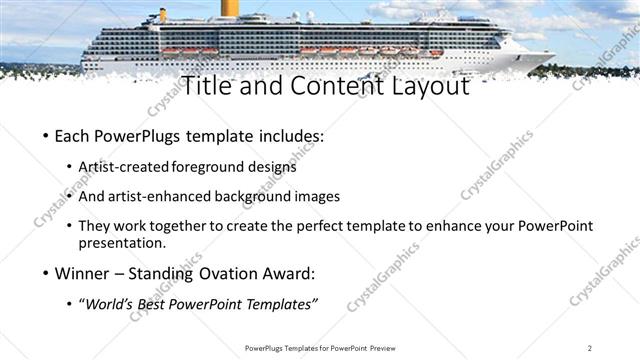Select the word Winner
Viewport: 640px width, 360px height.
point(81,272)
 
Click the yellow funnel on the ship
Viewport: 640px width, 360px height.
point(231,8)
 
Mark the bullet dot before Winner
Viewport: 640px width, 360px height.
point(46,273)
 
